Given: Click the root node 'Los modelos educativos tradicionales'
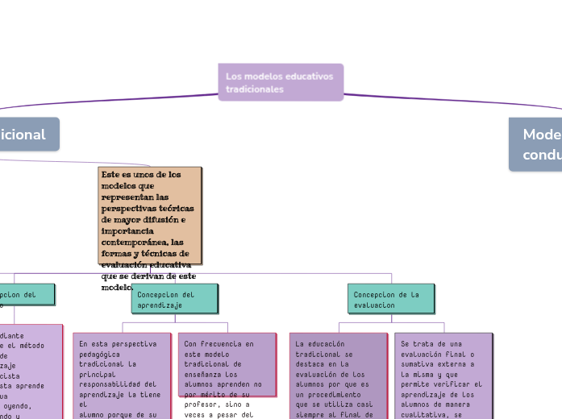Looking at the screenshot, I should click(x=281, y=82).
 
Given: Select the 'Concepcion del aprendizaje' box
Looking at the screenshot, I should click(x=174, y=299).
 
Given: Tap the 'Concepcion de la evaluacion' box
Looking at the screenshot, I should click(x=391, y=299).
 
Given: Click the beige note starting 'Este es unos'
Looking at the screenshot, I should click(x=150, y=215).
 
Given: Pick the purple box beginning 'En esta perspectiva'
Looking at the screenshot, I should click(x=122, y=375).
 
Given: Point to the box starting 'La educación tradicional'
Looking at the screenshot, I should click(x=339, y=375).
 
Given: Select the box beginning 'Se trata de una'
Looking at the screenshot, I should click(x=443, y=375).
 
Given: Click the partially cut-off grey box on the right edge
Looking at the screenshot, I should click(x=535, y=144).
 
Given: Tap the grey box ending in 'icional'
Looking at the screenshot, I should click(x=28, y=135).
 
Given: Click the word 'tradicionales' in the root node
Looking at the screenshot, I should click(x=255, y=89).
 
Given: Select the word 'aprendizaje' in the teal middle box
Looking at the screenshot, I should click(x=160, y=306).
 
